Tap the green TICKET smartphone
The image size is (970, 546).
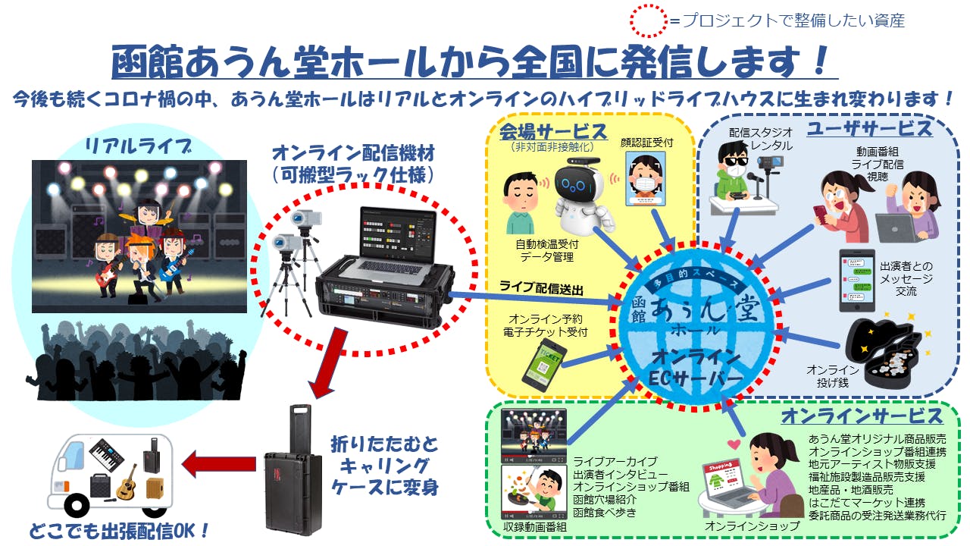click(545, 364)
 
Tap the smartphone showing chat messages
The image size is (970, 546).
click(856, 280)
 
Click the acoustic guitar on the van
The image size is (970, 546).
click(126, 479)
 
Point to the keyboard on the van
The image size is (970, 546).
click(106, 454)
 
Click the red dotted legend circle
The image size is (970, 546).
click(648, 20)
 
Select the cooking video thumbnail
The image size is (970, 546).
click(533, 491)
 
